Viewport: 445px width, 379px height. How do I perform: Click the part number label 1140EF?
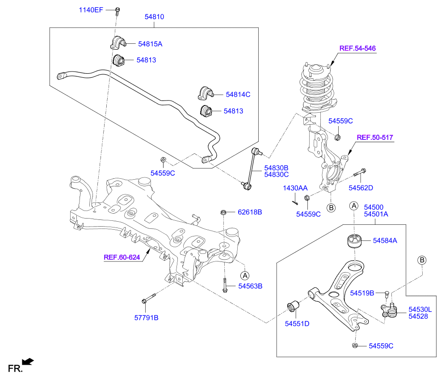point(91,10)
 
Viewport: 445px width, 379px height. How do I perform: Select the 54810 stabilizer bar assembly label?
point(154,17)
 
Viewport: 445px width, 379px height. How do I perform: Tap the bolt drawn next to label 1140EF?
point(117,11)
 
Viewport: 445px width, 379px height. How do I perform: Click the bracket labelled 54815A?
point(118,42)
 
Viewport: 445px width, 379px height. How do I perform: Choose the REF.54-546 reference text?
point(357,48)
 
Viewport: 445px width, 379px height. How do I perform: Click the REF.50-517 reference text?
point(375,137)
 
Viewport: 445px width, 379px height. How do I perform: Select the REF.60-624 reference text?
point(122,257)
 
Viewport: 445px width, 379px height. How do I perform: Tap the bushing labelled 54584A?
point(354,241)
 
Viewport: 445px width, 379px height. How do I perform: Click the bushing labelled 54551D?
point(293,307)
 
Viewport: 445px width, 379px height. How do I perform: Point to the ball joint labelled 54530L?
point(389,310)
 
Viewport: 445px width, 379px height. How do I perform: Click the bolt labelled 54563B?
point(225,285)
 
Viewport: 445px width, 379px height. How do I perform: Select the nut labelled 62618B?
point(223,212)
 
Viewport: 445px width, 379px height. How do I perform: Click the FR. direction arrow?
point(28,362)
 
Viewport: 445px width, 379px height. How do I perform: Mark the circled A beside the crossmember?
point(245,275)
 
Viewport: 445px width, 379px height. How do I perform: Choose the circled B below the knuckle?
point(331,208)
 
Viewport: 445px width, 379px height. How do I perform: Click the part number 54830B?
point(276,168)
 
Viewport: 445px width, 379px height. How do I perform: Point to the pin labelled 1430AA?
point(295,202)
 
